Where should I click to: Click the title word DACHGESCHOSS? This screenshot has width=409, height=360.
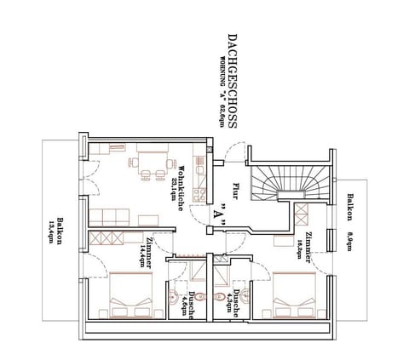[233, 82]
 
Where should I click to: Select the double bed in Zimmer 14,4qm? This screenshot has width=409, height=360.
[129, 294]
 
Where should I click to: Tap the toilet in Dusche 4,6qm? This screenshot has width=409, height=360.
[175, 297]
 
